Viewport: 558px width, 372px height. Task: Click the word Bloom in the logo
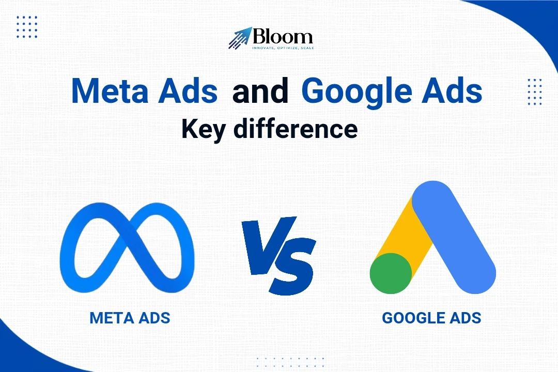click(x=283, y=36)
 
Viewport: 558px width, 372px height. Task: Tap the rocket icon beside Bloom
click(x=240, y=38)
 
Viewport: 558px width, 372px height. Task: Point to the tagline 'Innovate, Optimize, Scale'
click(x=283, y=48)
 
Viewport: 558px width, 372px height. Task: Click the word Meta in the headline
click(x=110, y=90)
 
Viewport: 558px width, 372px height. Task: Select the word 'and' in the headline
click(x=260, y=90)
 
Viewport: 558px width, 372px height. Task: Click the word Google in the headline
click(x=357, y=92)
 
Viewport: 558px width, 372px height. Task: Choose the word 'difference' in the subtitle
click(x=296, y=129)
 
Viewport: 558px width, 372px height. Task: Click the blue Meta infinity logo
click(x=127, y=248)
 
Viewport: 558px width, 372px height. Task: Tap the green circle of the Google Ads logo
click(x=391, y=273)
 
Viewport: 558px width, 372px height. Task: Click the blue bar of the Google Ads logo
click(x=454, y=237)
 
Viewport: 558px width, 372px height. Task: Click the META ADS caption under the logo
click(x=130, y=318)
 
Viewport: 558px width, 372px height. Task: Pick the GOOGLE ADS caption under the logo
click(x=431, y=318)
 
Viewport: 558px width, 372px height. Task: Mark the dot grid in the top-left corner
click(x=27, y=27)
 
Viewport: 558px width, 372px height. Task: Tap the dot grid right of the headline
click(x=535, y=92)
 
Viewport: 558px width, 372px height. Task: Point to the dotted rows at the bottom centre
click(x=290, y=362)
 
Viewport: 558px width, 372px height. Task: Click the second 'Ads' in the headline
click(x=452, y=90)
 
